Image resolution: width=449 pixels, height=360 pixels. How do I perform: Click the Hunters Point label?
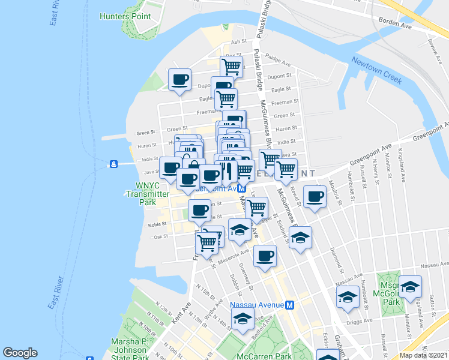tap(125, 16)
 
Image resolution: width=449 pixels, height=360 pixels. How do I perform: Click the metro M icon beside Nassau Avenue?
tap(289, 305)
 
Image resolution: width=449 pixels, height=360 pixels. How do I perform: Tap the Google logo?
tap(20, 353)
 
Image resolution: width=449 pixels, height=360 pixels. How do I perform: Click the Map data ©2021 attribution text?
tap(424, 355)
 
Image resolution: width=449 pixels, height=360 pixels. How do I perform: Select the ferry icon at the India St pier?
tap(112, 164)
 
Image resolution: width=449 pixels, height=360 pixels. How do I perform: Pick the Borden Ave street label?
tap(394, 26)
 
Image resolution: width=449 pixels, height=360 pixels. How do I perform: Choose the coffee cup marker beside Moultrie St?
tap(314, 197)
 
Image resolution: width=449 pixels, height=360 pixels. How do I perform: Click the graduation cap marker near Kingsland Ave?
tap(410, 287)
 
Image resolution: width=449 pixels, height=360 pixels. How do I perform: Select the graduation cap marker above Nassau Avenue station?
tap(242, 319)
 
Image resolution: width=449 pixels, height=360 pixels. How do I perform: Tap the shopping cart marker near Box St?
tap(231, 66)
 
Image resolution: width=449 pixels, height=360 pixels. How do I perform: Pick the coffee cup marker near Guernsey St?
tap(265, 256)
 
